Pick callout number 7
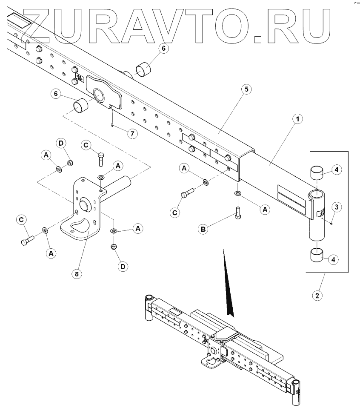(132, 134)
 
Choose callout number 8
(77, 274)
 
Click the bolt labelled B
(238, 211)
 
